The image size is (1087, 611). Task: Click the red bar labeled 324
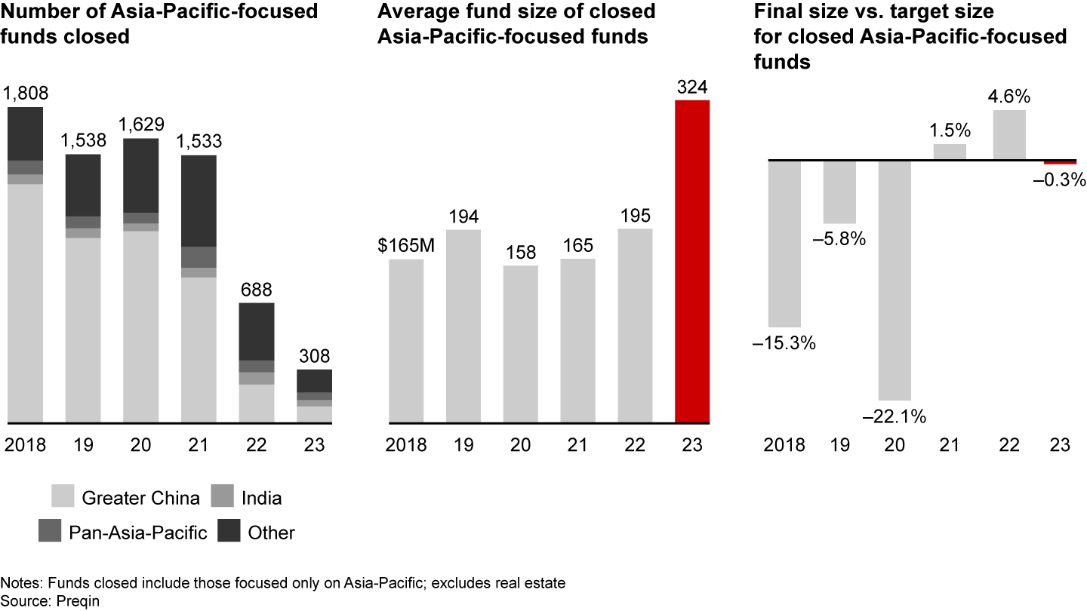692,260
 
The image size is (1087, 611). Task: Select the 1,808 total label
26,94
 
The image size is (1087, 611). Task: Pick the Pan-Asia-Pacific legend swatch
50,533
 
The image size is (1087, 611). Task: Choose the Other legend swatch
228,533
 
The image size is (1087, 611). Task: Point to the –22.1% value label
894,416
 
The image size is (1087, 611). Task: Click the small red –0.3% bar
1060,162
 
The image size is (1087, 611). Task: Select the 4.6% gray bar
1009,135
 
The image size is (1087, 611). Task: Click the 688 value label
256,290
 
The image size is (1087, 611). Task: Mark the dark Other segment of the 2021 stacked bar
199,201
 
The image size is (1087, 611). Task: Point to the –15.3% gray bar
784,243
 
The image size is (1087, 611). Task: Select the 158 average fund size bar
521,344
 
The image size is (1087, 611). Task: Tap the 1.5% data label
950,130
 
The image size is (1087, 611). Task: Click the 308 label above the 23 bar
313,356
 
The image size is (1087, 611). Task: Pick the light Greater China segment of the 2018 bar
25,302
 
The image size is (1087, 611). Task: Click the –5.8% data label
839,240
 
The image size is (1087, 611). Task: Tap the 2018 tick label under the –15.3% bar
784,445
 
